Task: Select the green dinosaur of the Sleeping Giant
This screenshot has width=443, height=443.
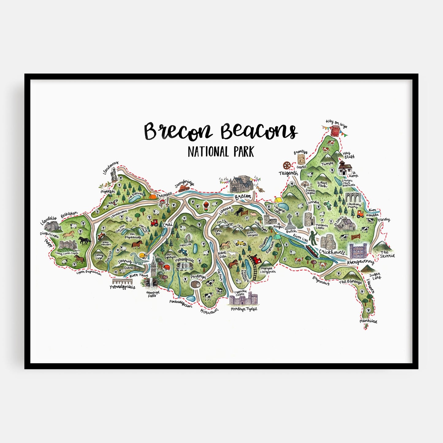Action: coord(136,258)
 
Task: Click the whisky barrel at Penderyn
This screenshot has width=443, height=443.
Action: coord(195,284)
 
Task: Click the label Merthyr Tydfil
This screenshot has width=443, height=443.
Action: coord(244,309)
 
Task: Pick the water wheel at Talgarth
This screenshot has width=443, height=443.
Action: coord(287,166)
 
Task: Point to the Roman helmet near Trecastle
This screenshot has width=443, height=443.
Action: coord(161,202)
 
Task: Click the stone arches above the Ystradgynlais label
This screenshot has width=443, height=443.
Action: coord(122,281)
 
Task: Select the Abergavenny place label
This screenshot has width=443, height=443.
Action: coord(361,262)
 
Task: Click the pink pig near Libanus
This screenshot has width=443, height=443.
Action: coord(253,214)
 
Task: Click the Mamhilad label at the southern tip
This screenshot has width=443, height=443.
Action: coord(368,321)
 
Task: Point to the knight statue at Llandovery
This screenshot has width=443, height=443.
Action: coord(114,175)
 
